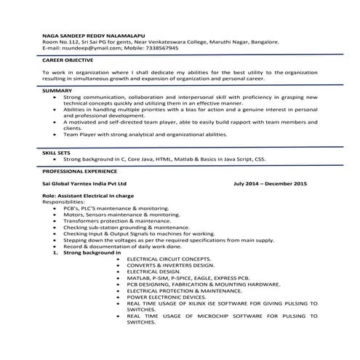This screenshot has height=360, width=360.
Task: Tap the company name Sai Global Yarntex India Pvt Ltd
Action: [x=84, y=185]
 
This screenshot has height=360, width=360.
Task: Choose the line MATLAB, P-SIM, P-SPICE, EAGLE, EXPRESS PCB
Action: [x=188, y=278]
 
